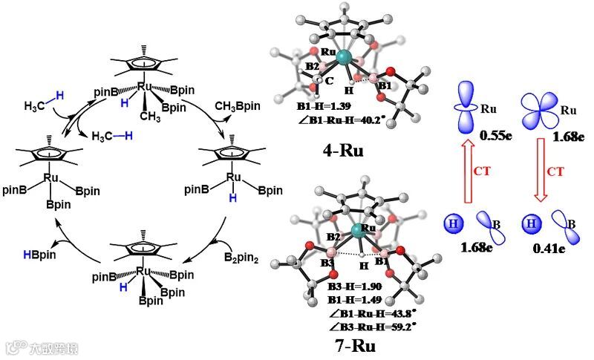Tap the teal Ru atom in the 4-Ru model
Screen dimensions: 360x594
[342, 56]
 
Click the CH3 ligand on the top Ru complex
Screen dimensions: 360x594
[151, 116]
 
